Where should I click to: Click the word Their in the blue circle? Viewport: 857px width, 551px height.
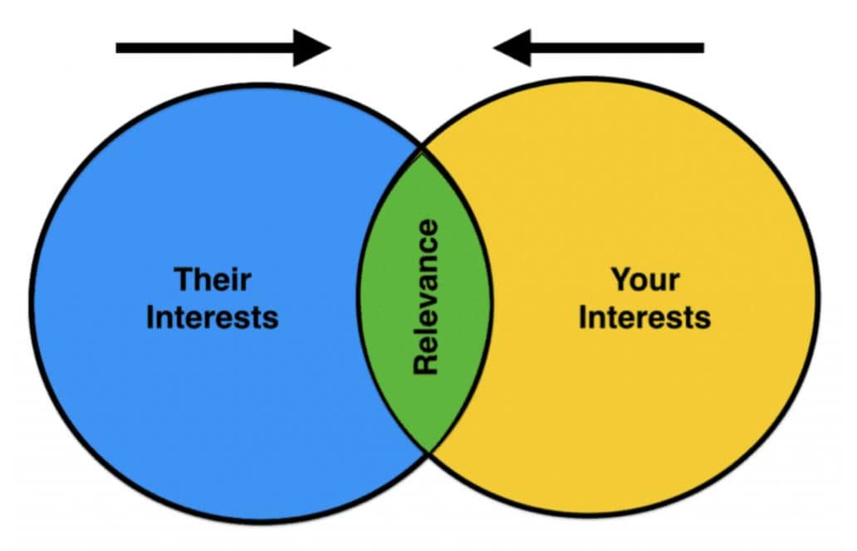213,279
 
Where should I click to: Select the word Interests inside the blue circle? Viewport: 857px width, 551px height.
213,317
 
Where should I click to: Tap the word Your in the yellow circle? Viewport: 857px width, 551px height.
645,279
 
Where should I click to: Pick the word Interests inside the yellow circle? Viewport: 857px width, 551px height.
645,317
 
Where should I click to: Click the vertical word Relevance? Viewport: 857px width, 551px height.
426,296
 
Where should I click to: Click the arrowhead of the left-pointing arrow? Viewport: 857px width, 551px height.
512,48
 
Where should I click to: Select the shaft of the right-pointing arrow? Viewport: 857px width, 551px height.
205,48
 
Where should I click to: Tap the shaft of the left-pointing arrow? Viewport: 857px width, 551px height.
617,48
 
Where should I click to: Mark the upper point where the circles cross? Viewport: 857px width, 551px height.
422,149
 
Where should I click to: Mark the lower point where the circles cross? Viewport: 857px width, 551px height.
429,451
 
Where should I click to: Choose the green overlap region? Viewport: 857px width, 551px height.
425,300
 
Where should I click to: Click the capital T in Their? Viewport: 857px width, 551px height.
184,279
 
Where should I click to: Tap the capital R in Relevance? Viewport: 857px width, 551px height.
426,363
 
